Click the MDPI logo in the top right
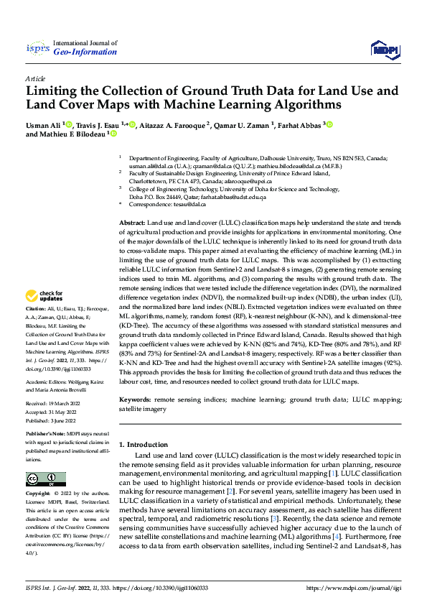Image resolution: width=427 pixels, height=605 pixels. click(x=384, y=48)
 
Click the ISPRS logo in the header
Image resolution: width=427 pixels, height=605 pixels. click(x=37, y=47)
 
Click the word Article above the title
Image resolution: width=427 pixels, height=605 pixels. click(x=34, y=78)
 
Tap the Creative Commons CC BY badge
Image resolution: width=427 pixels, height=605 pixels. click(x=45, y=479)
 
